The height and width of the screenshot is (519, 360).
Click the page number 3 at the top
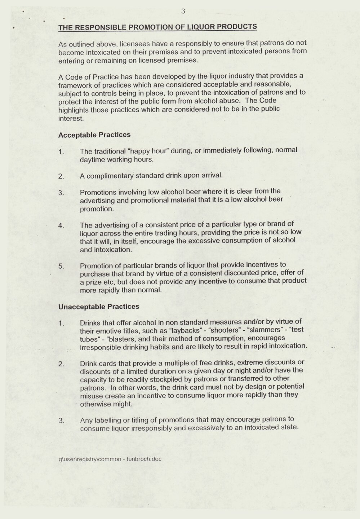[183, 11]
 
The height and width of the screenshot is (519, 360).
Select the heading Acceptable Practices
[94, 135]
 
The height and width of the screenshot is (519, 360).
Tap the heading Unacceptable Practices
[98, 307]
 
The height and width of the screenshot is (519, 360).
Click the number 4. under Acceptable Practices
[61, 226]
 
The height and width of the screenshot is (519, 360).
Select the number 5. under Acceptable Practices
[61, 266]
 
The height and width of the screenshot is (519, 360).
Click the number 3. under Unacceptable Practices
[61, 420]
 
